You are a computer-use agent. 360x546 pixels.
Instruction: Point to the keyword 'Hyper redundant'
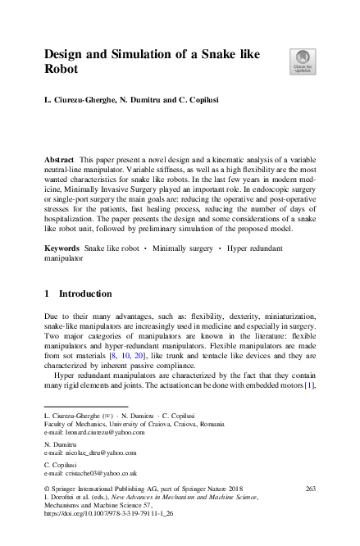click(x=256, y=223)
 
